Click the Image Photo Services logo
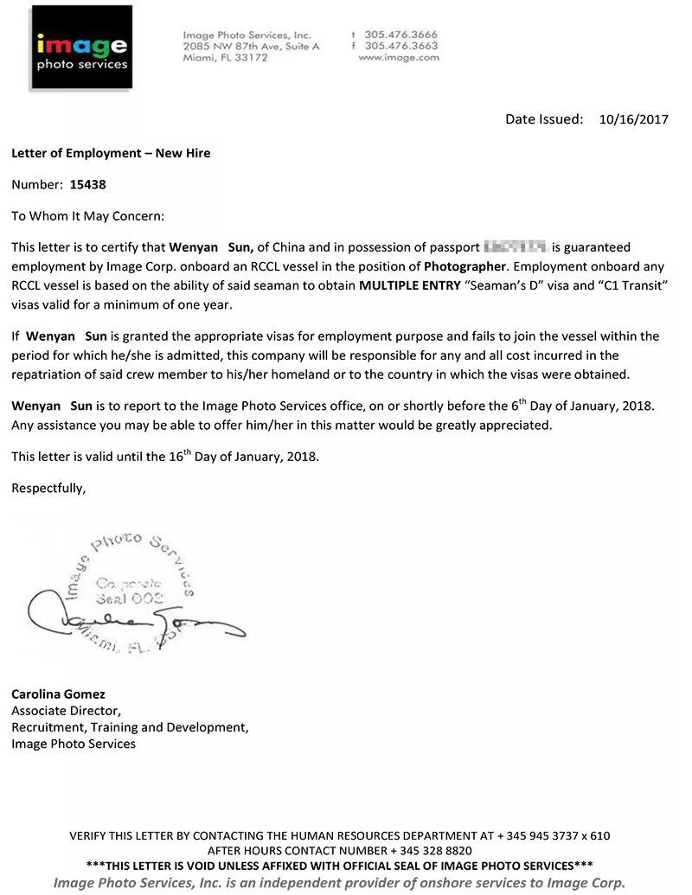[81, 48]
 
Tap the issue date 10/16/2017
[633, 120]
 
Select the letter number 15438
[88, 184]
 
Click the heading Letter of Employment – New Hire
[111, 153]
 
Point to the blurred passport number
[516, 247]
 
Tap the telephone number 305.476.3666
[401, 35]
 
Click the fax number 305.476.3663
[401, 46]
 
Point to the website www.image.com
[398, 58]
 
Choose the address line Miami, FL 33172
[225, 58]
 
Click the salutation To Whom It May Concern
[87, 216]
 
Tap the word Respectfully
[48, 489]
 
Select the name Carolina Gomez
[58, 694]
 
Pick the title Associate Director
[66, 711]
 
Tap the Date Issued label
[544, 120]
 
